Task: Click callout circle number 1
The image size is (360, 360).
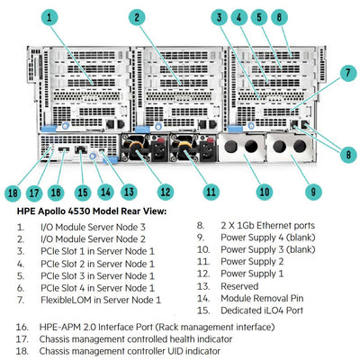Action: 49,16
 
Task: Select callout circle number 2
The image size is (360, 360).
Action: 137,16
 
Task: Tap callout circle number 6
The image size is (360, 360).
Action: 280,16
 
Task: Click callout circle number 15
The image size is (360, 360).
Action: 83,190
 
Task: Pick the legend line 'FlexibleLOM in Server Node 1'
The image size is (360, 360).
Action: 102,297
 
